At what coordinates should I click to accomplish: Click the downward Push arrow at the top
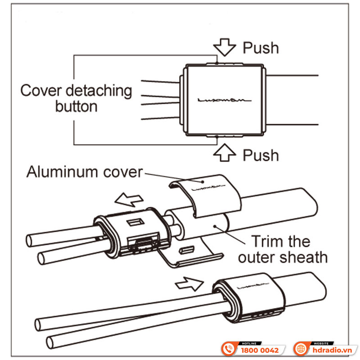(x=225, y=47)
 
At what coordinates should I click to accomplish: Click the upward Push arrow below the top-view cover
(x=225, y=153)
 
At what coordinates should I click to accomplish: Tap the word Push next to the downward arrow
(x=261, y=48)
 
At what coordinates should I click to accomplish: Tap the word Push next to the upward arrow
(x=261, y=155)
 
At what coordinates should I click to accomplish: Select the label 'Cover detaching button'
(x=76, y=98)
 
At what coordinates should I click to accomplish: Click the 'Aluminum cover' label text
(x=85, y=172)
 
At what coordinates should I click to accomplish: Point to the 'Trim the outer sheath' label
(x=283, y=250)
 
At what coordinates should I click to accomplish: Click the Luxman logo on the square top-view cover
(x=225, y=100)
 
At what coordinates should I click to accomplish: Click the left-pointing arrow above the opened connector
(x=129, y=199)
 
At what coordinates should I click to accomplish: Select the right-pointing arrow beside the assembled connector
(x=189, y=284)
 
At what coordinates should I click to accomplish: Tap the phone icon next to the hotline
(x=229, y=349)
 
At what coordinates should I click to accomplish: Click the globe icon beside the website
(x=301, y=349)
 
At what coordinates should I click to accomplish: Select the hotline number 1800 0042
(x=260, y=351)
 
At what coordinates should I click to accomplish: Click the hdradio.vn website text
(x=332, y=350)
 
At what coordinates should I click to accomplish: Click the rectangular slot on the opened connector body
(x=135, y=222)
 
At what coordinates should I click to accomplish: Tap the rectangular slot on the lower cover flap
(x=187, y=250)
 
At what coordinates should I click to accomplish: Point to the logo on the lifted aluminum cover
(x=208, y=188)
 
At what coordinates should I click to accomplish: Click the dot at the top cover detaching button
(x=217, y=63)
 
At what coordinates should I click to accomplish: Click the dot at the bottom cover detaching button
(x=217, y=137)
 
